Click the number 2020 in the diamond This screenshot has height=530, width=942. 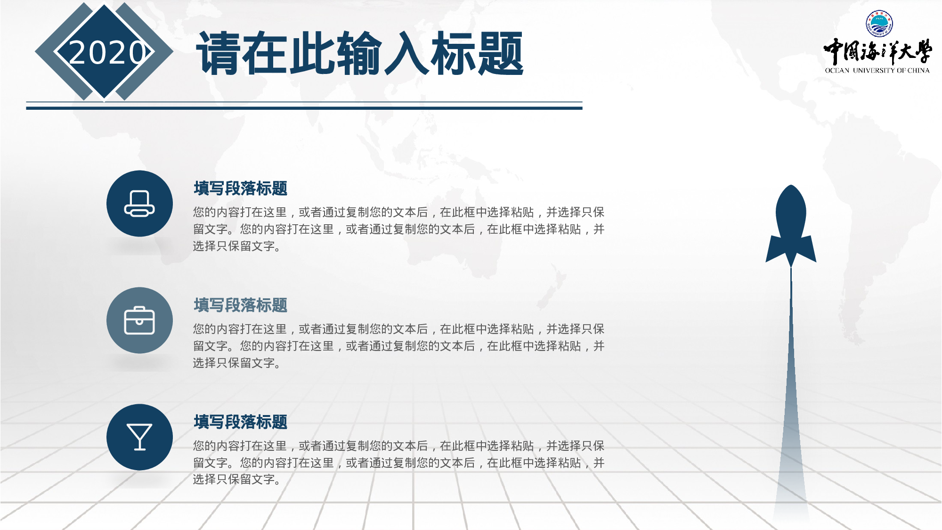click(107, 52)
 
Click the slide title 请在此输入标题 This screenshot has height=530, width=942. click(360, 53)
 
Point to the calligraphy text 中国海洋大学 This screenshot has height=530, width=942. click(877, 51)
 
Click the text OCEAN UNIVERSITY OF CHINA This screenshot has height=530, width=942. click(877, 71)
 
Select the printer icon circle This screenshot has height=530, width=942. click(139, 204)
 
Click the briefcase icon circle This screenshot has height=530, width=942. click(139, 320)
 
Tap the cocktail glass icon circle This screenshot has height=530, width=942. click(139, 437)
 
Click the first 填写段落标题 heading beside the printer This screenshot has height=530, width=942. click(240, 188)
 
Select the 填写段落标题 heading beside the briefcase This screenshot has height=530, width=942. click(240, 305)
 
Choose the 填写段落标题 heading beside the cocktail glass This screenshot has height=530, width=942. click(240, 422)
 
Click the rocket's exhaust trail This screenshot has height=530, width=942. click(791, 400)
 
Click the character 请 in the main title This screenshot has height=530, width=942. click(219, 53)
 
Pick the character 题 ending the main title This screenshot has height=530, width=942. click(500, 53)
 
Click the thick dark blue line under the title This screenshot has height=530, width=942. click(304, 108)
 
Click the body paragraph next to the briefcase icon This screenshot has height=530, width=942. click(398, 346)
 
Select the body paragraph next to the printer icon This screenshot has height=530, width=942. click(398, 229)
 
